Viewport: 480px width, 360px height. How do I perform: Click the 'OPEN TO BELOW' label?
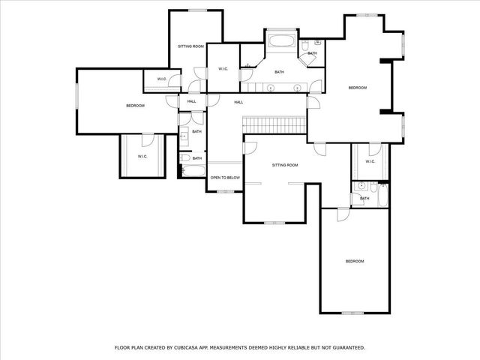[224, 178]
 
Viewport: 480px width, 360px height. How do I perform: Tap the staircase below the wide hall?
[274, 124]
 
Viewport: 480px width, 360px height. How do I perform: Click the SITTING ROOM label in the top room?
[190, 46]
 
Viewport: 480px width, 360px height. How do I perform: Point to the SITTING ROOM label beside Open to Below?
[284, 164]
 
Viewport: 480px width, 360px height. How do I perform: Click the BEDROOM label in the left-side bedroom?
[135, 106]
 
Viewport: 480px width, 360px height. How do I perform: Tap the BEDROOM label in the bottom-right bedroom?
[354, 261]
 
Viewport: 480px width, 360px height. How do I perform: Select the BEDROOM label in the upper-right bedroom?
[358, 88]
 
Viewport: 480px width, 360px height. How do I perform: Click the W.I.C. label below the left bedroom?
[142, 156]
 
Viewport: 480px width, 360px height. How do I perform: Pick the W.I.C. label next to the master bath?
[223, 69]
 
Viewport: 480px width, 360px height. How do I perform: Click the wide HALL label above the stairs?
[238, 102]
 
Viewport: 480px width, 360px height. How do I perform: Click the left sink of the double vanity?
[271, 88]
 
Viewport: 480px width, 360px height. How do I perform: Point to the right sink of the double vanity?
[298, 88]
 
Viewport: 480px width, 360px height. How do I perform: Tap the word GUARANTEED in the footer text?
[346, 347]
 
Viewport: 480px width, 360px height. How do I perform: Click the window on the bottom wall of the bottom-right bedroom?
[352, 313]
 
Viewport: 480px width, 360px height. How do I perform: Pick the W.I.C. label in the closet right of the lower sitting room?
[370, 162]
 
